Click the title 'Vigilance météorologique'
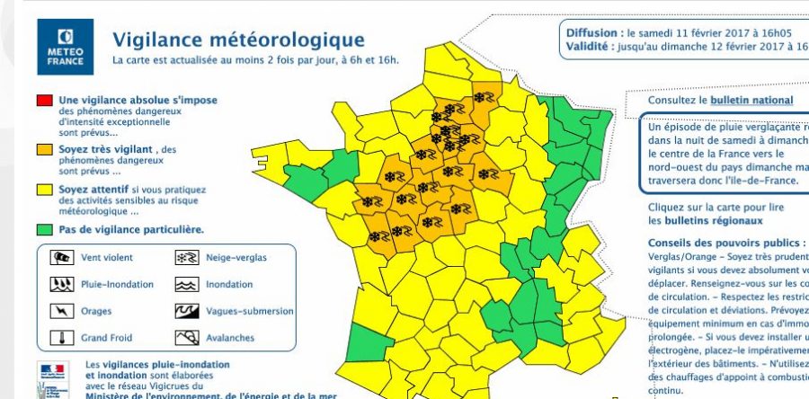[x=238, y=40]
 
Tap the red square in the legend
[x=42, y=100]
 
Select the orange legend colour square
[x=42, y=149]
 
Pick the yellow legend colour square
[x=42, y=190]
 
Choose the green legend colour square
[x=42, y=229]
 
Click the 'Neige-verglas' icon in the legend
[x=186, y=258]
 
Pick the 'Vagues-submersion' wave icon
[x=186, y=312]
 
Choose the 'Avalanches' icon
[x=186, y=339]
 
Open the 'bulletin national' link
[x=751, y=100]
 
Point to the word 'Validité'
[x=589, y=47]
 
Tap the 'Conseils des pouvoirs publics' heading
[x=725, y=244]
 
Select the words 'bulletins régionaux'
[x=715, y=219]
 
